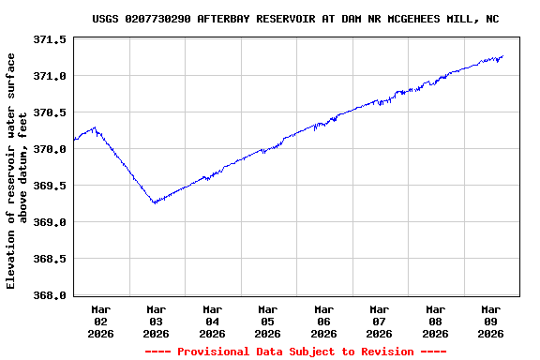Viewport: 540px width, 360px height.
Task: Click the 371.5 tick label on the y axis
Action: click(x=50, y=39)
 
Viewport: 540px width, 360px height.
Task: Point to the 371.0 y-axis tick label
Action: click(x=50, y=76)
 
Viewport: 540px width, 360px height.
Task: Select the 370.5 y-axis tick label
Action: click(x=50, y=112)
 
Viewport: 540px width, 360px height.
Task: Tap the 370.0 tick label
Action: click(x=50, y=149)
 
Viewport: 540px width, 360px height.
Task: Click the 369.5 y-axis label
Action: click(x=50, y=186)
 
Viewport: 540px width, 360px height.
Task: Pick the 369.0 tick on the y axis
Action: click(x=50, y=222)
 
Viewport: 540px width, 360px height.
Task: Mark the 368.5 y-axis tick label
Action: click(x=50, y=259)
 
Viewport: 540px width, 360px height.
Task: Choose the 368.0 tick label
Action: click(x=50, y=295)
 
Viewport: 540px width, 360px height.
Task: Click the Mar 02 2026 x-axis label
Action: click(x=101, y=321)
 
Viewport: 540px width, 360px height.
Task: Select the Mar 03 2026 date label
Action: click(x=157, y=321)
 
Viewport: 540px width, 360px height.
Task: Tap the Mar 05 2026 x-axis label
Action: click(x=268, y=321)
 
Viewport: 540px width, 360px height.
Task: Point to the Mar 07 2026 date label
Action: click(x=380, y=321)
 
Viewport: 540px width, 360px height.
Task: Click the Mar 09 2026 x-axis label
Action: click(x=491, y=321)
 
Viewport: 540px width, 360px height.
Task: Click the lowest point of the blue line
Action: click(x=154, y=202)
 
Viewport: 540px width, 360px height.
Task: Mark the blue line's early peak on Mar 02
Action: click(x=95, y=127)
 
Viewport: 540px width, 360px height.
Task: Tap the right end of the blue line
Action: click(x=503, y=56)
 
